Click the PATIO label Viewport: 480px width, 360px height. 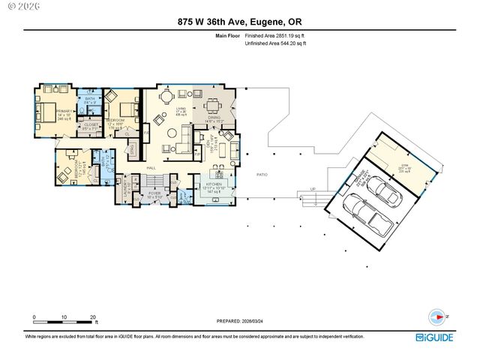click(262, 174)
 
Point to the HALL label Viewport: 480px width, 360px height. click(150, 167)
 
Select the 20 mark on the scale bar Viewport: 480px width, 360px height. click(93, 317)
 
